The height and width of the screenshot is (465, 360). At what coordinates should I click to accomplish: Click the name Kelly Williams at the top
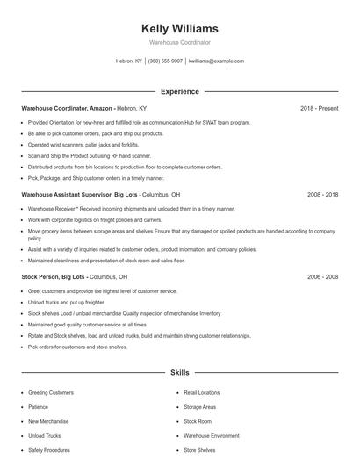click(179, 28)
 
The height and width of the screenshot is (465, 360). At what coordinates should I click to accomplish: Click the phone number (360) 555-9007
click(165, 61)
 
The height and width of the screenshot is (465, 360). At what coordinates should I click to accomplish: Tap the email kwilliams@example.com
click(216, 61)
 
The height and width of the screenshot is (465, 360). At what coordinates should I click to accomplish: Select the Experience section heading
click(179, 91)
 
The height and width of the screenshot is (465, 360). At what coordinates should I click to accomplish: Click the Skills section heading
click(179, 372)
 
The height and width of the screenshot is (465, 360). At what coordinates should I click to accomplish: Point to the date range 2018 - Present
click(319, 108)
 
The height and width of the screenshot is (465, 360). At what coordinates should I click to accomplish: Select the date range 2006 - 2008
click(322, 276)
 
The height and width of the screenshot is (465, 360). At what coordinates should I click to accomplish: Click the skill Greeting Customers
click(51, 392)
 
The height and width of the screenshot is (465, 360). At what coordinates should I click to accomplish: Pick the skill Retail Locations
click(202, 392)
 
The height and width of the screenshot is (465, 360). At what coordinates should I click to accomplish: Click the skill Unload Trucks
click(45, 435)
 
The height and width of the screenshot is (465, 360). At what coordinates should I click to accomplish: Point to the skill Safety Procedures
click(48, 450)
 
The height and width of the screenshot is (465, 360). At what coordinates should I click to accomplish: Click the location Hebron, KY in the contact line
click(128, 61)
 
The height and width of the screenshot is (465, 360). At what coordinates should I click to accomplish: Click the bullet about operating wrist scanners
click(83, 144)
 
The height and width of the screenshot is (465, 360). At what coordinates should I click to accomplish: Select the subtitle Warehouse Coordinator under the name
click(179, 42)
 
